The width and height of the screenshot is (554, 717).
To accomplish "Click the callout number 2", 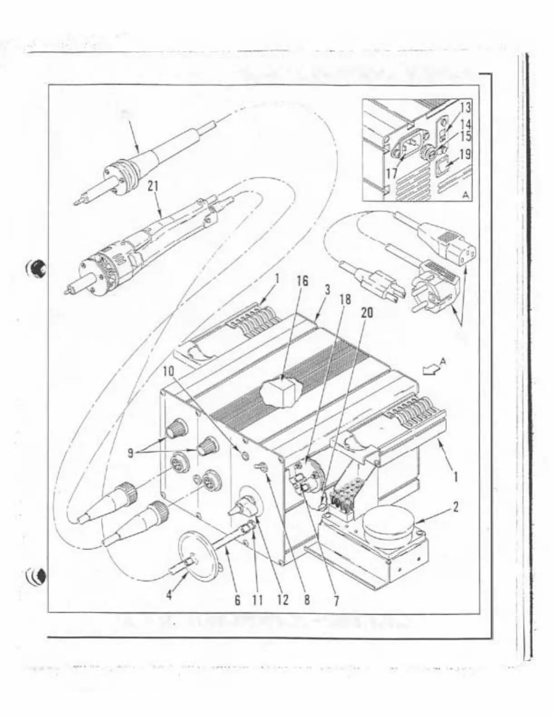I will (x=456, y=507).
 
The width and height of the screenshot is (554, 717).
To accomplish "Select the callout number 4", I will (x=169, y=595).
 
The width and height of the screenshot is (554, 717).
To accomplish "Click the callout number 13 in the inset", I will (x=465, y=108).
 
